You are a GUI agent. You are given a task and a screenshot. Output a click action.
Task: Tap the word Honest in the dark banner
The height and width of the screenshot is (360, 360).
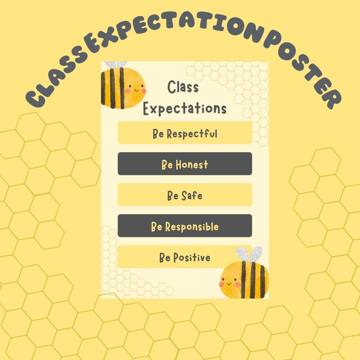(192, 164)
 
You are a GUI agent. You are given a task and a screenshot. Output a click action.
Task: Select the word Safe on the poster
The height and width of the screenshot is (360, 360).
(191, 196)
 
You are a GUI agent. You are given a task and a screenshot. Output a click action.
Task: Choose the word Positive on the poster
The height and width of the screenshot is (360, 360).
(191, 258)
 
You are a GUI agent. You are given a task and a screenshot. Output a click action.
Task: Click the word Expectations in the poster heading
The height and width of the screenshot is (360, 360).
(184, 108)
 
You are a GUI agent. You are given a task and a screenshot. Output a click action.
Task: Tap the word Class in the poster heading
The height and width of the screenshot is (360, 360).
(183, 87)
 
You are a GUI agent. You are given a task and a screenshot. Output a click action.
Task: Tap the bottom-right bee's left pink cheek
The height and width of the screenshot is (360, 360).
(222, 284)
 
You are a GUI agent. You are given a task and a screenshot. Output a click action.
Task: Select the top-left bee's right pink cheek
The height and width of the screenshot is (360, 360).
(144, 90)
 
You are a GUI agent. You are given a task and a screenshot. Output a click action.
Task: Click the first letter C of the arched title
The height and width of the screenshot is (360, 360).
(36, 98)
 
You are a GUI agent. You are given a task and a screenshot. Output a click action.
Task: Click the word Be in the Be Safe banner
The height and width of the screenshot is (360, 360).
(173, 196)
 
